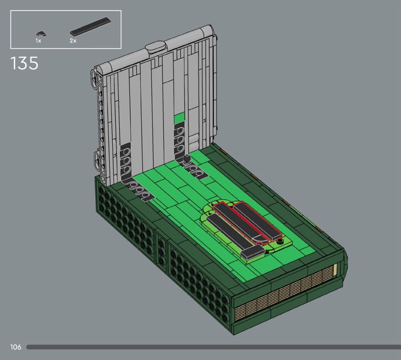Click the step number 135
click(24, 63)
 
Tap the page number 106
click(16, 347)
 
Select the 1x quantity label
click(38, 41)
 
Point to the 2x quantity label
click(73, 41)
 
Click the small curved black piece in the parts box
click(40, 33)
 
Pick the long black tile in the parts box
click(91, 27)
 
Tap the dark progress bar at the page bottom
click(214, 347)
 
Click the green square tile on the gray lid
click(179, 117)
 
